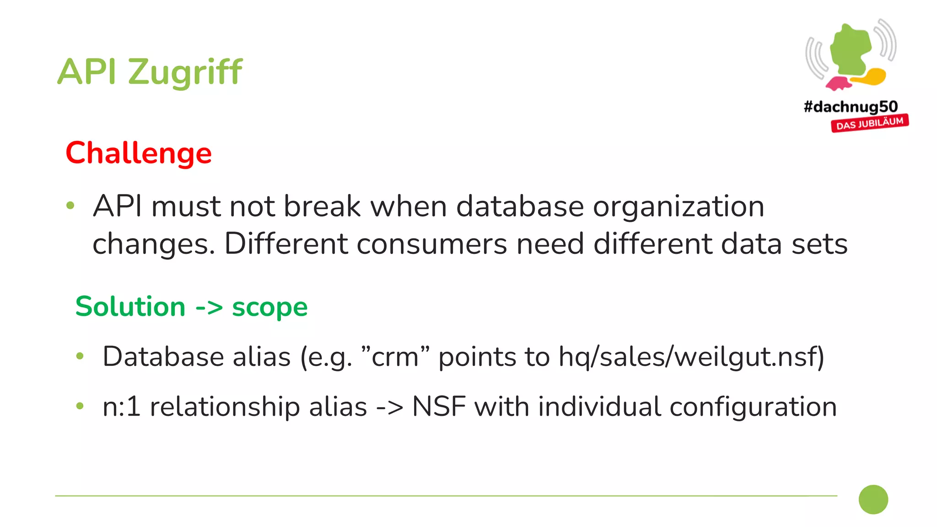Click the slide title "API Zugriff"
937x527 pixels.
click(x=150, y=72)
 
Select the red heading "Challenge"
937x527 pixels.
click(x=139, y=153)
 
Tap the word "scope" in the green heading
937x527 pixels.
click(x=269, y=307)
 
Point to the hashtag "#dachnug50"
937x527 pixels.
click(x=851, y=107)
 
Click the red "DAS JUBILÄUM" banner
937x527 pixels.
click(x=870, y=124)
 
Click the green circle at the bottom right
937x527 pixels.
click(x=873, y=500)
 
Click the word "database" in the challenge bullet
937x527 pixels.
click(x=520, y=206)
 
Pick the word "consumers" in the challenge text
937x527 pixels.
click(x=431, y=244)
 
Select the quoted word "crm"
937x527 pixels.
click(x=395, y=357)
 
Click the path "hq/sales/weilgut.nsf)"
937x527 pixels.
click(x=691, y=357)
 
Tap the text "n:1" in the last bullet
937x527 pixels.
click(x=121, y=407)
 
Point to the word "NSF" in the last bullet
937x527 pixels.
click(x=438, y=407)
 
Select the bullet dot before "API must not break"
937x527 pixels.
click(x=70, y=205)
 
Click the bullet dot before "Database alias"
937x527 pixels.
click(x=80, y=356)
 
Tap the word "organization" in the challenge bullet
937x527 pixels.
click(x=679, y=206)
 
